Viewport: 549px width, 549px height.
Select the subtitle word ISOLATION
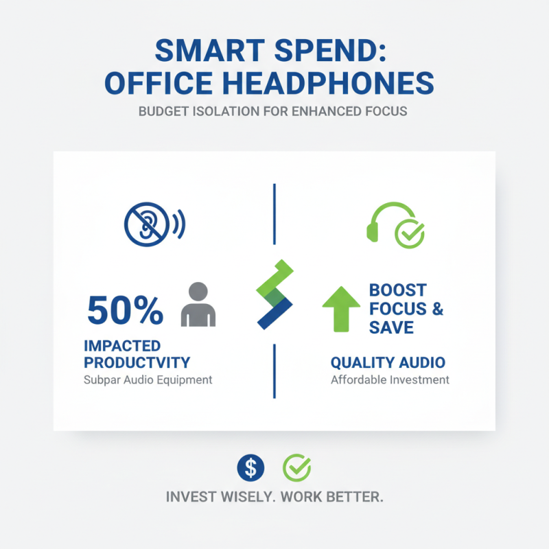click(224, 111)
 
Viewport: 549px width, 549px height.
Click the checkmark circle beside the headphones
click(410, 234)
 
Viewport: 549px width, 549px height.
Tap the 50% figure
click(125, 310)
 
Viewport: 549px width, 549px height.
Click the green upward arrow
click(341, 309)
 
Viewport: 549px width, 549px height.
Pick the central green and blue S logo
click(274, 294)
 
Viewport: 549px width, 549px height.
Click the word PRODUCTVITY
click(137, 362)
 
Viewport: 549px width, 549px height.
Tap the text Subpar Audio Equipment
click(148, 379)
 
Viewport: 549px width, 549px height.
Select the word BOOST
click(397, 290)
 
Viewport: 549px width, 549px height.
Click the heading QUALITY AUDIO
click(388, 362)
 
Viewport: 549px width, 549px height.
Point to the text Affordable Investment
click(390, 379)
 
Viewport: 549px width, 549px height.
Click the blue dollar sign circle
click(250, 468)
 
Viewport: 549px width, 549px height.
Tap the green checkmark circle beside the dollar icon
click(297, 468)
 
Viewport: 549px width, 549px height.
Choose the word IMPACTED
click(122, 345)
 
